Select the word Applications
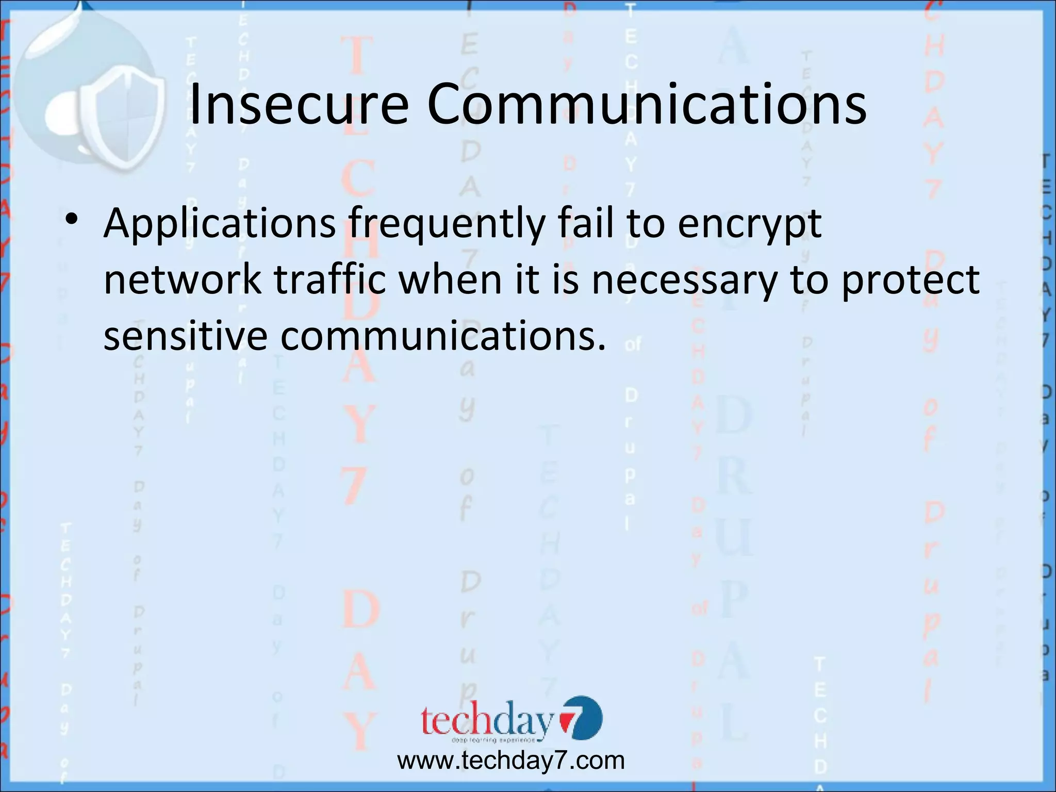coord(220,224)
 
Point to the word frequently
coord(446,224)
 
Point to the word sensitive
coord(186,335)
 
